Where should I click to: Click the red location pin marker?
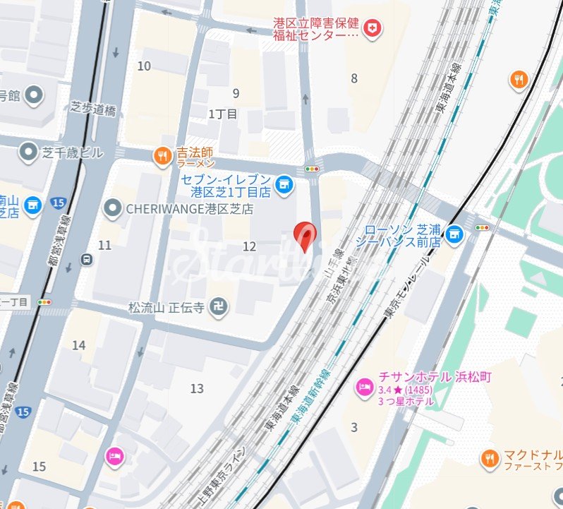click(304, 234)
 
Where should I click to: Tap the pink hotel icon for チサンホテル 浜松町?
click(365, 388)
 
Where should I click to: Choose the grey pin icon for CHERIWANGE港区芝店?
click(112, 208)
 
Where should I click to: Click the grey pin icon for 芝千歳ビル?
click(28, 151)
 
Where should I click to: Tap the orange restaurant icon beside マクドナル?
click(489, 460)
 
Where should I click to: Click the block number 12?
click(249, 246)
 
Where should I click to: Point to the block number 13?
click(197, 388)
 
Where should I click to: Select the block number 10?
click(144, 66)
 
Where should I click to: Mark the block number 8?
click(354, 78)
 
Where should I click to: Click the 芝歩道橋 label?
click(93, 109)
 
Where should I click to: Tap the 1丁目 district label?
click(223, 114)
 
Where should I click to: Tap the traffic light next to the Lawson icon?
click(483, 227)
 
